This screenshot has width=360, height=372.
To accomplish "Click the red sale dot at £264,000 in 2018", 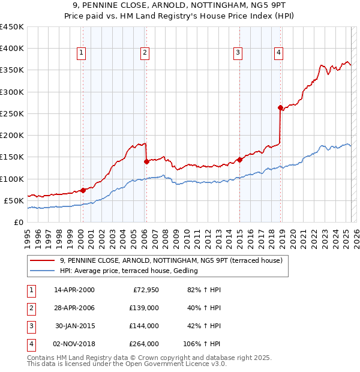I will click(x=280, y=108).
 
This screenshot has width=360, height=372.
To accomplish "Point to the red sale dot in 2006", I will click(x=146, y=161).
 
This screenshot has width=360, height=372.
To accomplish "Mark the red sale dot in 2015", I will click(x=239, y=160).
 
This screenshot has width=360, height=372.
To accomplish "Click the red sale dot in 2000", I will click(x=83, y=190).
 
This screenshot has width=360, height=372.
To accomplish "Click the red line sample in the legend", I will click(x=41, y=260).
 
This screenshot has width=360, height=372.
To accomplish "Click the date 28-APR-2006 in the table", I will click(x=74, y=308).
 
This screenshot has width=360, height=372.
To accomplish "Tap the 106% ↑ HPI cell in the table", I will click(x=202, y=344).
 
